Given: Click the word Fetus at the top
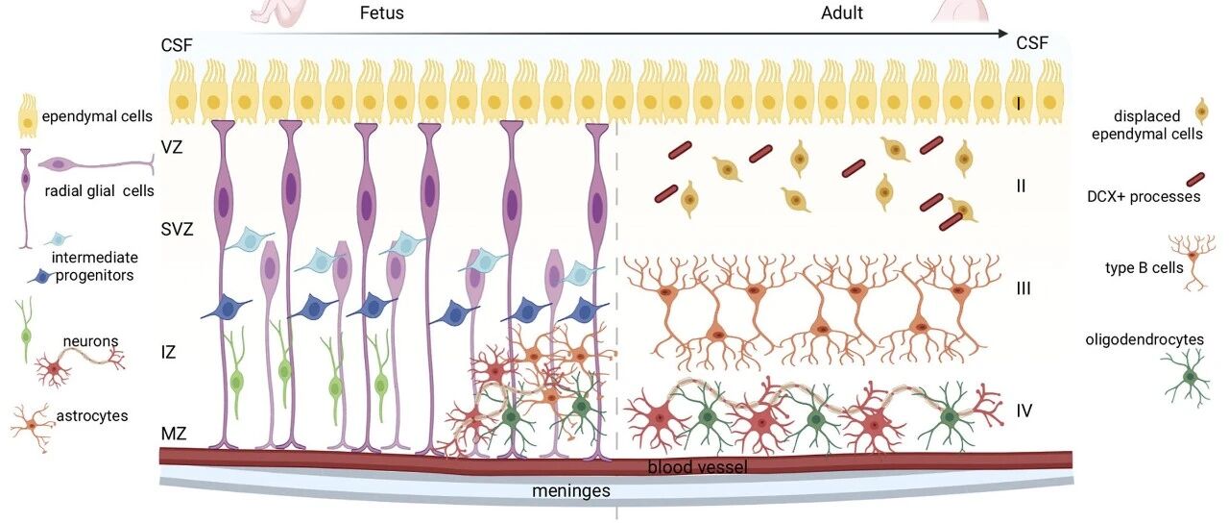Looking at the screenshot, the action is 381,12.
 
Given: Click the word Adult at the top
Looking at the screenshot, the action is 842,12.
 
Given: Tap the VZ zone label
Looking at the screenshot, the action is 172,147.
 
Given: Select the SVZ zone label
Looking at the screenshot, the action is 178,229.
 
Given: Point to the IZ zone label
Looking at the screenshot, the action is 168,352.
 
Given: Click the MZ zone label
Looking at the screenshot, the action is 174,434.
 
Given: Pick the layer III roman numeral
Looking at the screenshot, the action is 1024,288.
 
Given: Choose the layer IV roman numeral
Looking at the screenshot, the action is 1024,411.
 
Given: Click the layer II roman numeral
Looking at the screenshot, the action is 1021,187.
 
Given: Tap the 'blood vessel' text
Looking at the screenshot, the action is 697,467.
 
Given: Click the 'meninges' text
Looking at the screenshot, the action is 571,490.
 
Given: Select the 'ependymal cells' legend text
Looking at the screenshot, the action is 97,116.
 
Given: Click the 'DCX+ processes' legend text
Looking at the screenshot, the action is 1144,197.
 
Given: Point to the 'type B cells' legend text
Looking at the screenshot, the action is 1144,268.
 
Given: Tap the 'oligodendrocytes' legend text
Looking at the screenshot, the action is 1145,339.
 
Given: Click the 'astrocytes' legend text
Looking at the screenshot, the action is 91,416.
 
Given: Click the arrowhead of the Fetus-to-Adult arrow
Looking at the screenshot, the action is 1003,34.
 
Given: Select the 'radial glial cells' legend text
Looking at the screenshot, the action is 99,191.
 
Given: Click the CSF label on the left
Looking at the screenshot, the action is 177,45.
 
